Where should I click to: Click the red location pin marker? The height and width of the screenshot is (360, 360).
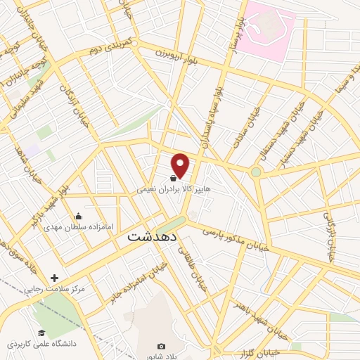[x=181, y=165]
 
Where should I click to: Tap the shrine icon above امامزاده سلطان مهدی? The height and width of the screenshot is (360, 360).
[x=78, y=216]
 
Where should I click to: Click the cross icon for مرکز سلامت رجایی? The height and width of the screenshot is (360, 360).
[x=54, y=278]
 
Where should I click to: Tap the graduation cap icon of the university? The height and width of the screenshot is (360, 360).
[x=41, y=333]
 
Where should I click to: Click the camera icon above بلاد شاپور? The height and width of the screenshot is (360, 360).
[x=161, y=346]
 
